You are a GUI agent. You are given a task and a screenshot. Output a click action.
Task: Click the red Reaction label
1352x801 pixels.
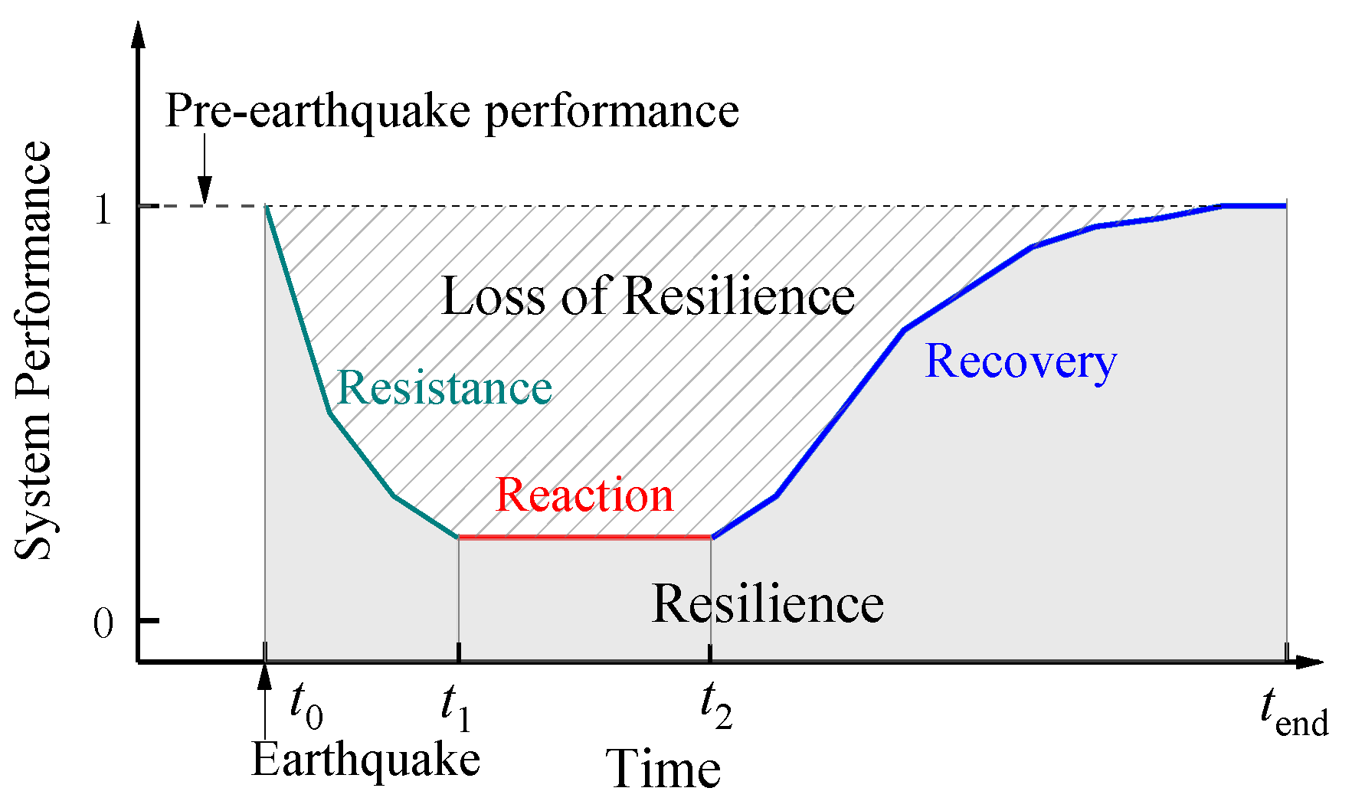584,495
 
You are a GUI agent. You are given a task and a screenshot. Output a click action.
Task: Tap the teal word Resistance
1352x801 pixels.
444,387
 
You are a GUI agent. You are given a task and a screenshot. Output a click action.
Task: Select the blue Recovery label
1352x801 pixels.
1020,361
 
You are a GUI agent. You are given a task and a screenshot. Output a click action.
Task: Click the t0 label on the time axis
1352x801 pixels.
306,707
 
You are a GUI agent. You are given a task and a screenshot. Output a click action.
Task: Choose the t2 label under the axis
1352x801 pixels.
716,707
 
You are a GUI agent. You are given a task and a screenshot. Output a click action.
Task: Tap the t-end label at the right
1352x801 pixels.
1294,712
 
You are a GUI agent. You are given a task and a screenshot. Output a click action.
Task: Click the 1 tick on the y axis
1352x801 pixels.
103,208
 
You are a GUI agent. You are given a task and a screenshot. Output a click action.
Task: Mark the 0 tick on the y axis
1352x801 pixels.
103,623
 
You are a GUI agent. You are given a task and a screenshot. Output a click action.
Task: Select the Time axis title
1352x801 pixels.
663,769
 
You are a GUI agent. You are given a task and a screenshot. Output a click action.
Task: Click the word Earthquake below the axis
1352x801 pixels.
366,761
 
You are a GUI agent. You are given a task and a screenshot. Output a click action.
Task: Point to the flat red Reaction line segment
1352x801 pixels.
584,537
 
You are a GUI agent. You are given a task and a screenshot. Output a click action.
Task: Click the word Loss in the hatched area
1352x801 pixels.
493,296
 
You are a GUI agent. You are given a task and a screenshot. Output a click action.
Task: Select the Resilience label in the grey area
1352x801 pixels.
768,603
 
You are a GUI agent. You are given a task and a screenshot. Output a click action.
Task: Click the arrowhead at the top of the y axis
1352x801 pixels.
139,34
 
